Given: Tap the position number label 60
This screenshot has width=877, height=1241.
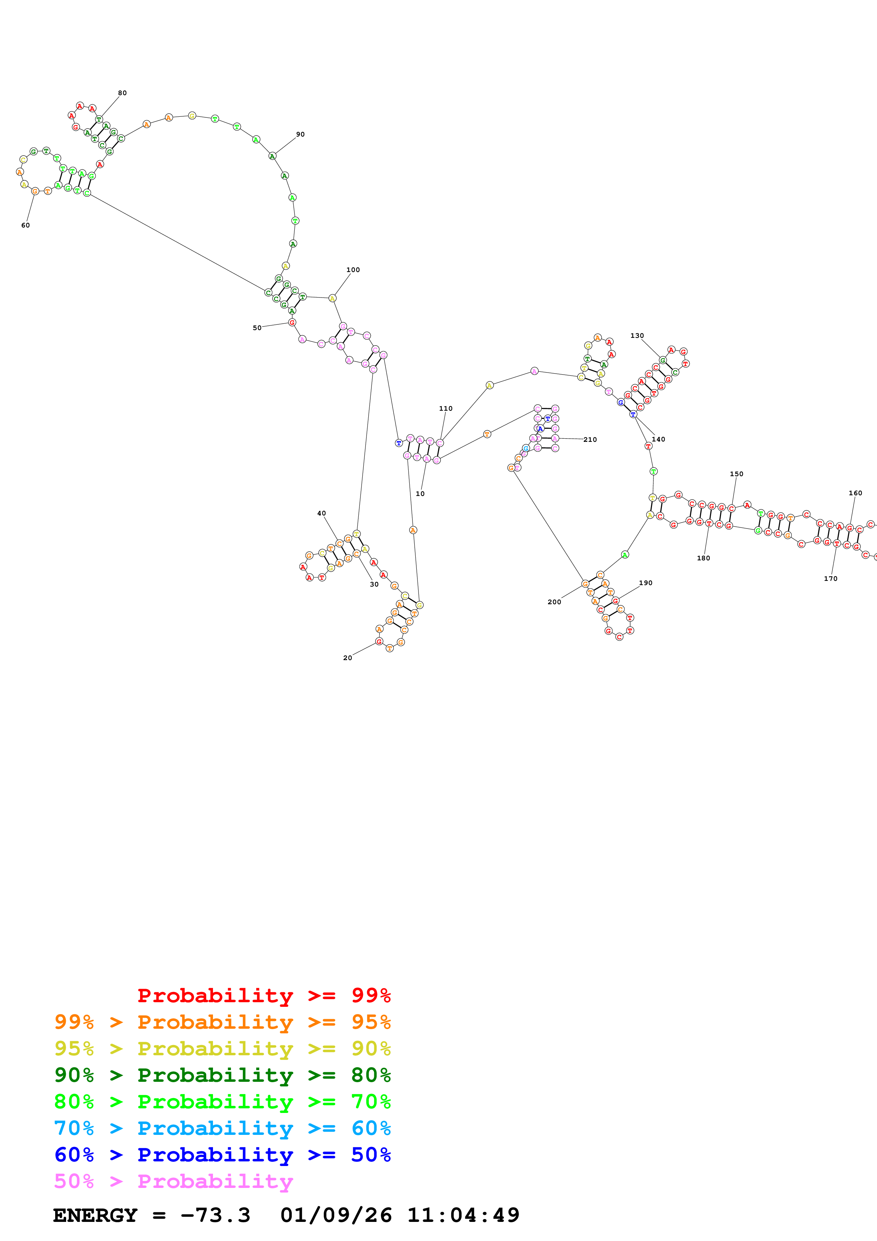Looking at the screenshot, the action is click(x=25, y=225).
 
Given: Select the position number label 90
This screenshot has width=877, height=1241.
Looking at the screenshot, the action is click(x=300, y=134).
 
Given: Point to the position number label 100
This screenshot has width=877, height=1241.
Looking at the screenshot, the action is click(x=353, y=270).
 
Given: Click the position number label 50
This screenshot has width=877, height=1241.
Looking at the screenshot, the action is click(x=257, y=328).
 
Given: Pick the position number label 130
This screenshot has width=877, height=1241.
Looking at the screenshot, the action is click(x=637, y=336).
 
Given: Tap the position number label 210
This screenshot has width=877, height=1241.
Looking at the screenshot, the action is click(x=590, y=439).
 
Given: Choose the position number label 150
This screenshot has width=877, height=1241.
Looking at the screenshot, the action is click(x=737, y=474).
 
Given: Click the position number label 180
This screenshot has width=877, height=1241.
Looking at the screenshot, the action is click(x=704, y=558).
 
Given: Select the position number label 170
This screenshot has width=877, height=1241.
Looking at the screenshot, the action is click(x=831, y=579).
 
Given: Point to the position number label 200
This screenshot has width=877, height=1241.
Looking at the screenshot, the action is click(x=554, y=602).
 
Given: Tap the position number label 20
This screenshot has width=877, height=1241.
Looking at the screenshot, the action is click(x=347, y=658).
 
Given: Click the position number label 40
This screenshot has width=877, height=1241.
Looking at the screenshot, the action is click(x=322, y=513).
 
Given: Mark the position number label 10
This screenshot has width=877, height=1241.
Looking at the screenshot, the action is click(x=420, y=493).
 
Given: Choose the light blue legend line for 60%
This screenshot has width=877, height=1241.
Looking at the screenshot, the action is click(x=222, y=1129).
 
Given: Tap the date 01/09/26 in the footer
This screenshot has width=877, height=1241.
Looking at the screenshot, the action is click(x=336, y=1216).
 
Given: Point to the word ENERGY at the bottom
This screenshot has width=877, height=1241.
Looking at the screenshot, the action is click(x=95, y=1216).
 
